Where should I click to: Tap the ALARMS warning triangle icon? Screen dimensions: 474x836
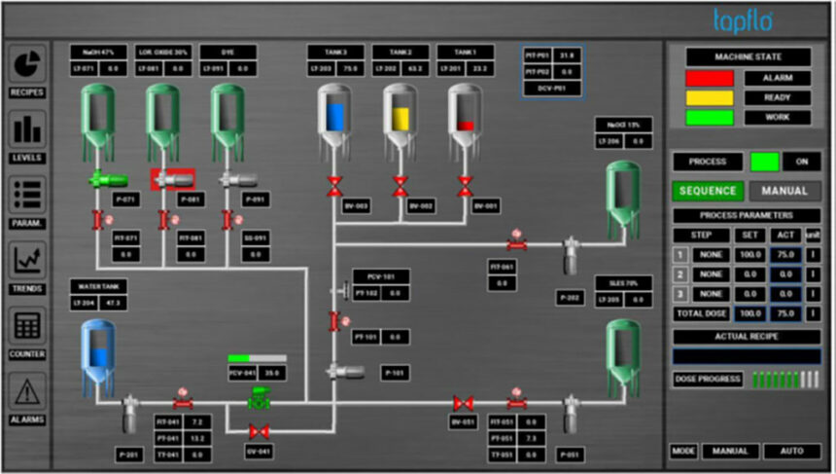(x=27, y=391)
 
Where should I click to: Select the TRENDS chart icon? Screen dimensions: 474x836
(x=27, y=260)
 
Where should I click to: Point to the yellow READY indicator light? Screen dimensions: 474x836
(x=709, y=98)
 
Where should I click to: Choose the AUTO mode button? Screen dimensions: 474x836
(x=791, y=452)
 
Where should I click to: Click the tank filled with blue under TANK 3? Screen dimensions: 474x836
(x=335, y=117)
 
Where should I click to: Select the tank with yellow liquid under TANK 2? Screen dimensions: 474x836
(x=401, y=117)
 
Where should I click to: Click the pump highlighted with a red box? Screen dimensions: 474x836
(x=172, y=179)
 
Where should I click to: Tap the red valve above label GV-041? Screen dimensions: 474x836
(x=259, y=430)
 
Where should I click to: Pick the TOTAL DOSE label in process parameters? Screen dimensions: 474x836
(x=700, y=314)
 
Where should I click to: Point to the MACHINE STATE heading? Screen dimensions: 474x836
(x=747, y=57)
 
